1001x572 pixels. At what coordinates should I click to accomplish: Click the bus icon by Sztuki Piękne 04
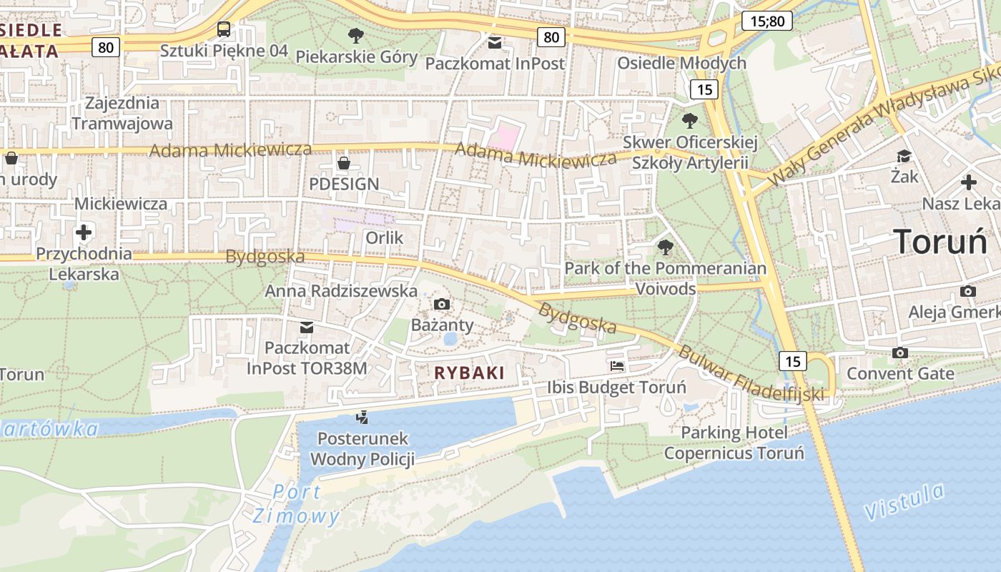(x=224, y=29)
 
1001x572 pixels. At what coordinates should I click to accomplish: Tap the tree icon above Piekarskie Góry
(x=355, y=35)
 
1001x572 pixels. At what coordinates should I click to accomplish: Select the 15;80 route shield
(x=768, y=21)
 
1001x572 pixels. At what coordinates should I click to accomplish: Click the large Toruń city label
(x=940, y=242)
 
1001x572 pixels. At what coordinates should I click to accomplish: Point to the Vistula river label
(x=904, y=501)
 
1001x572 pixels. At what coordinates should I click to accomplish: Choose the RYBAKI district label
(x=470, y=373)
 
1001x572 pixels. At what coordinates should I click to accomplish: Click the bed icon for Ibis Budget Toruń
(x=617, y=366)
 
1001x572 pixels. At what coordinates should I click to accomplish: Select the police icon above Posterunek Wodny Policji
(x=363, y=417)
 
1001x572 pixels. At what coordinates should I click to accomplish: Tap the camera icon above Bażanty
(x=442, y=305)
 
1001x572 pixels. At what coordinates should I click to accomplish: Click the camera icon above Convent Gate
(x=900, y=352)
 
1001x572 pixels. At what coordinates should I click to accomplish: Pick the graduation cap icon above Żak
(x=904, y=155)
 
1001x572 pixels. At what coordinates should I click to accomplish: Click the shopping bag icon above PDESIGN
(x=344, y=163)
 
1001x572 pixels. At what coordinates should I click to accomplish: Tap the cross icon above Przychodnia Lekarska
(x=84, y=232)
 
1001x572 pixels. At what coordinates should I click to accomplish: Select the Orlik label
(x=385, y=237)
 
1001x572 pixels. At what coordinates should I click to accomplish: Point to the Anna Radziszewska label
(x=341, y=291)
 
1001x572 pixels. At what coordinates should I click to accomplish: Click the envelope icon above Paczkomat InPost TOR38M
(x=307, y=327)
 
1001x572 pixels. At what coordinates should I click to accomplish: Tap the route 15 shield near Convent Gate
(x=793, y=361)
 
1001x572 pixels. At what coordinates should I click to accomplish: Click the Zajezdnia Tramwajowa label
(x=122, y=113)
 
